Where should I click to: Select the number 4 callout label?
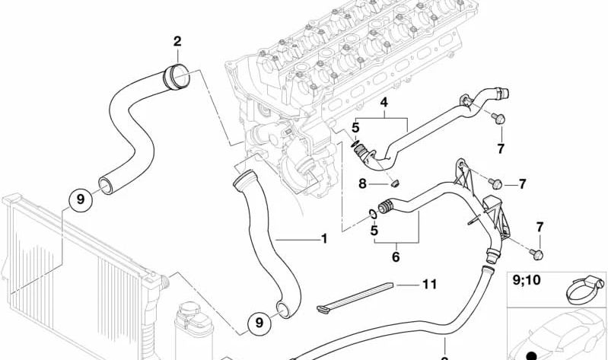tap(384, 101)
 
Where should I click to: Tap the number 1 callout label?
tap(324, 239)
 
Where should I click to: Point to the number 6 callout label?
tap(396, 257)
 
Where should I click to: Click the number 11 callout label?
tap(430, 285)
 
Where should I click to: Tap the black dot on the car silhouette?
tap(532, 355)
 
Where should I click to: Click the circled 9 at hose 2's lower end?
tap(80, 200)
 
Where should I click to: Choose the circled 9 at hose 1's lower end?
tap(259, 323)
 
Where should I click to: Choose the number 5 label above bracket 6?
tap(374, 230)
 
